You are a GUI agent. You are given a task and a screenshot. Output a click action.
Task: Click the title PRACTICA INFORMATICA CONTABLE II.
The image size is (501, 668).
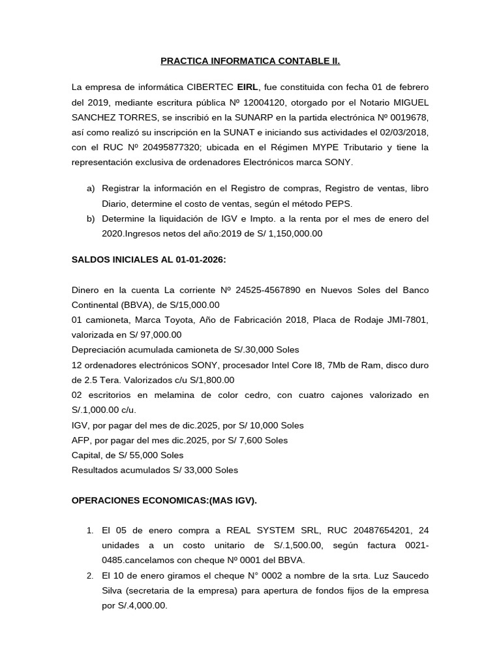(x=250, y=62)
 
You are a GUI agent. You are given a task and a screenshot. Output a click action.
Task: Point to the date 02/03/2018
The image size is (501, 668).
(x=405, y=132)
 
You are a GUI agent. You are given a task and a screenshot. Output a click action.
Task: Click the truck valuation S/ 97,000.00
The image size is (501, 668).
(x=146, y=335)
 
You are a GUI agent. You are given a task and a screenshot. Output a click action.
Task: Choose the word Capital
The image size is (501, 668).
(x=86, y=455)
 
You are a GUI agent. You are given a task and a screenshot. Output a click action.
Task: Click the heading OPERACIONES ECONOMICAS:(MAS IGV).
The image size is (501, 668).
(x=164, y=500)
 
